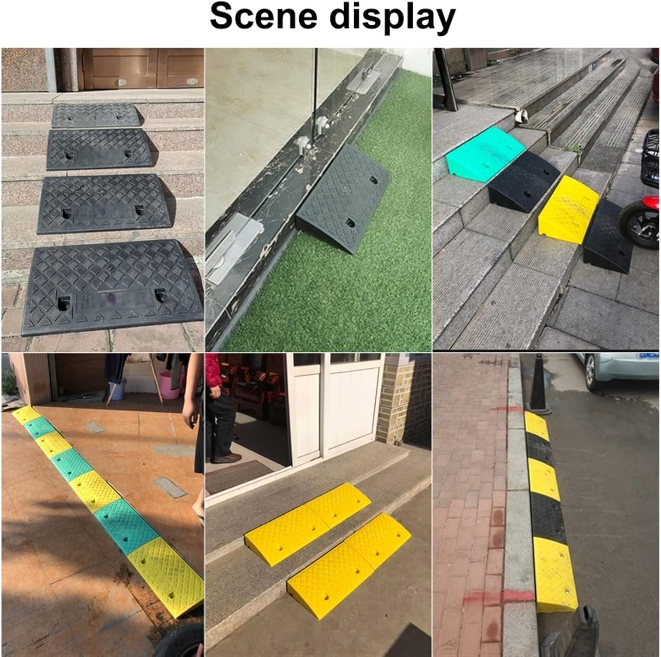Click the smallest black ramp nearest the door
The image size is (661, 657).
95,115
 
